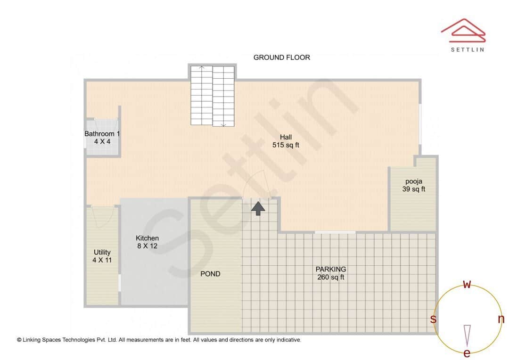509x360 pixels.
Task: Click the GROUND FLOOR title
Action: [282, 57]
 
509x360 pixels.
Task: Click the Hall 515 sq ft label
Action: [286, 141]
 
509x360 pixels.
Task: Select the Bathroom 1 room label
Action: [102, 137]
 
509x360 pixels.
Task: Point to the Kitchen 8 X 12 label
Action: [147, 242]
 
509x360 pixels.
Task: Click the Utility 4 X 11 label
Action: [102, 256]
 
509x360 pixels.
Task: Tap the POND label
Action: [210, 274]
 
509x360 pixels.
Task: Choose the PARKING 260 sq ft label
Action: [331, 273]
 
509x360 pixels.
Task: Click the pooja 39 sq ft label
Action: [414, 185]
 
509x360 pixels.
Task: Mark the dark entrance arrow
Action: [258, 208]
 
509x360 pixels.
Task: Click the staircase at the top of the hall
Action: [213, 96]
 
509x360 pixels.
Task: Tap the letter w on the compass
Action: [467, 284]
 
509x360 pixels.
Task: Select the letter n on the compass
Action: [501, 319]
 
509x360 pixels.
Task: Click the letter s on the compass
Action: [433, 319]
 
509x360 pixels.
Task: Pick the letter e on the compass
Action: [467, 353]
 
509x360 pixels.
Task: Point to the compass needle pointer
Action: [467, 335]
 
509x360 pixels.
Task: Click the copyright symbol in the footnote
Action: [19, 340]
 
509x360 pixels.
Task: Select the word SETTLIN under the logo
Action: [468, 49]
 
